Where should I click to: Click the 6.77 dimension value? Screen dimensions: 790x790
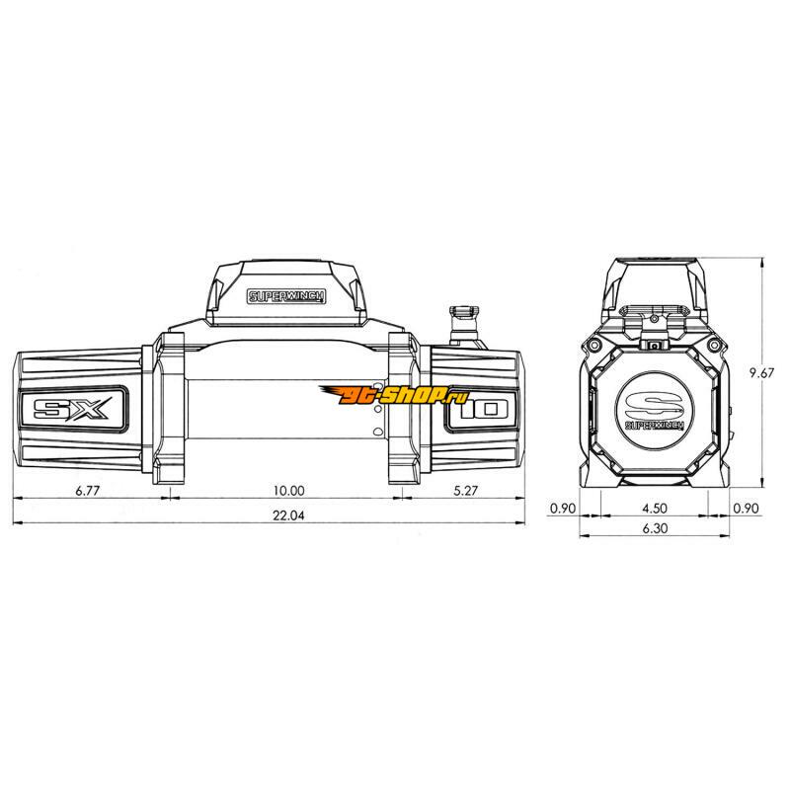pyautogui.click(x=88, y=490)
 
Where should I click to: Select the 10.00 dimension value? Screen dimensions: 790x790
pyautogui.click(x=288, y=490)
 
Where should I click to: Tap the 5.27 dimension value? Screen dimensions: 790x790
pyautogui.click(x=465, y=490)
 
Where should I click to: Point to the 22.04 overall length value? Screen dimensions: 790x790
pyautogui.click(x=288, y=515)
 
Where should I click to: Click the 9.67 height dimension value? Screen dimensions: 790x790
pyautogui.click(x=761, y=373)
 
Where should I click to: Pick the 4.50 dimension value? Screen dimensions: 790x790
pyautogui.click(x=655, y=509)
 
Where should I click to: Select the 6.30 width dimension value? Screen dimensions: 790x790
pyautogui.click(x=655, y=528)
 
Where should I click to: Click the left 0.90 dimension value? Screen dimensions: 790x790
pyautogui.click(x=562, y=509)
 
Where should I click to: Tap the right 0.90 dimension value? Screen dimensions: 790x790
pyautogui.click(x=746, y=509)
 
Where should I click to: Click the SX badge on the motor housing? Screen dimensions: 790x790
pyautogui.click(x=72, y=409)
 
